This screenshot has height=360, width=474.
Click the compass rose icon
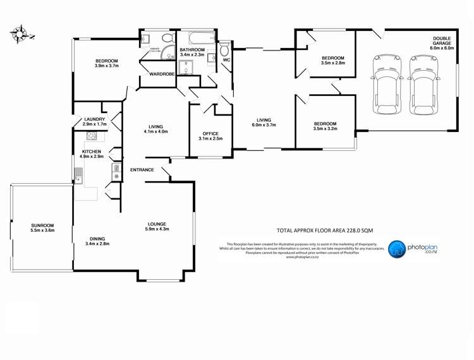[21, 34]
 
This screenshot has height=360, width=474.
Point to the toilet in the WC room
[224, 50]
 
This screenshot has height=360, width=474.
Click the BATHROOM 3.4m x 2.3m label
[192, 52]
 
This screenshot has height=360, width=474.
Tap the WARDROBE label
[162, 75]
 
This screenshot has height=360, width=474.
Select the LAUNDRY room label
[95, 121]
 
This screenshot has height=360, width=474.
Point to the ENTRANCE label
[142, 170]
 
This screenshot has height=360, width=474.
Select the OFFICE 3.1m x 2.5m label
[210, 136]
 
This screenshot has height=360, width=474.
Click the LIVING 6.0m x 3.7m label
[264, 123]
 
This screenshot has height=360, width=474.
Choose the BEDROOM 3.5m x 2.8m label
[332, 60]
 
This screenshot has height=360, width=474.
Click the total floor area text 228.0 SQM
[322, 231]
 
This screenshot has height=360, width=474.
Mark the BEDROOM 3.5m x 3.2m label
[325, 126]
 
